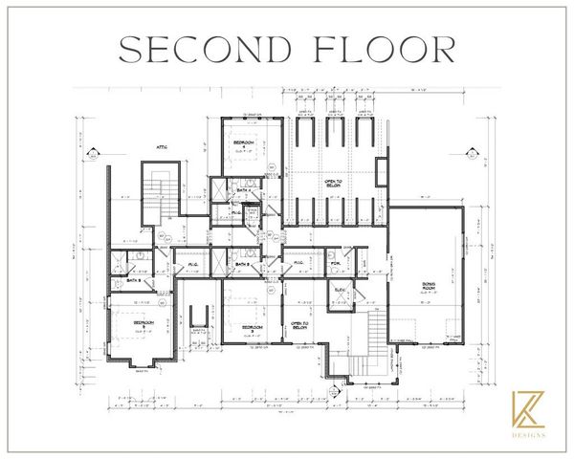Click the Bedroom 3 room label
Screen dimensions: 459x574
point(253,327)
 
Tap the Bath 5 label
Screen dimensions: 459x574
point(133,280)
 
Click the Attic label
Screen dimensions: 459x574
point(163,146)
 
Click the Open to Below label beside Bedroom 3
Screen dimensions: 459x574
point(298,325)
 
